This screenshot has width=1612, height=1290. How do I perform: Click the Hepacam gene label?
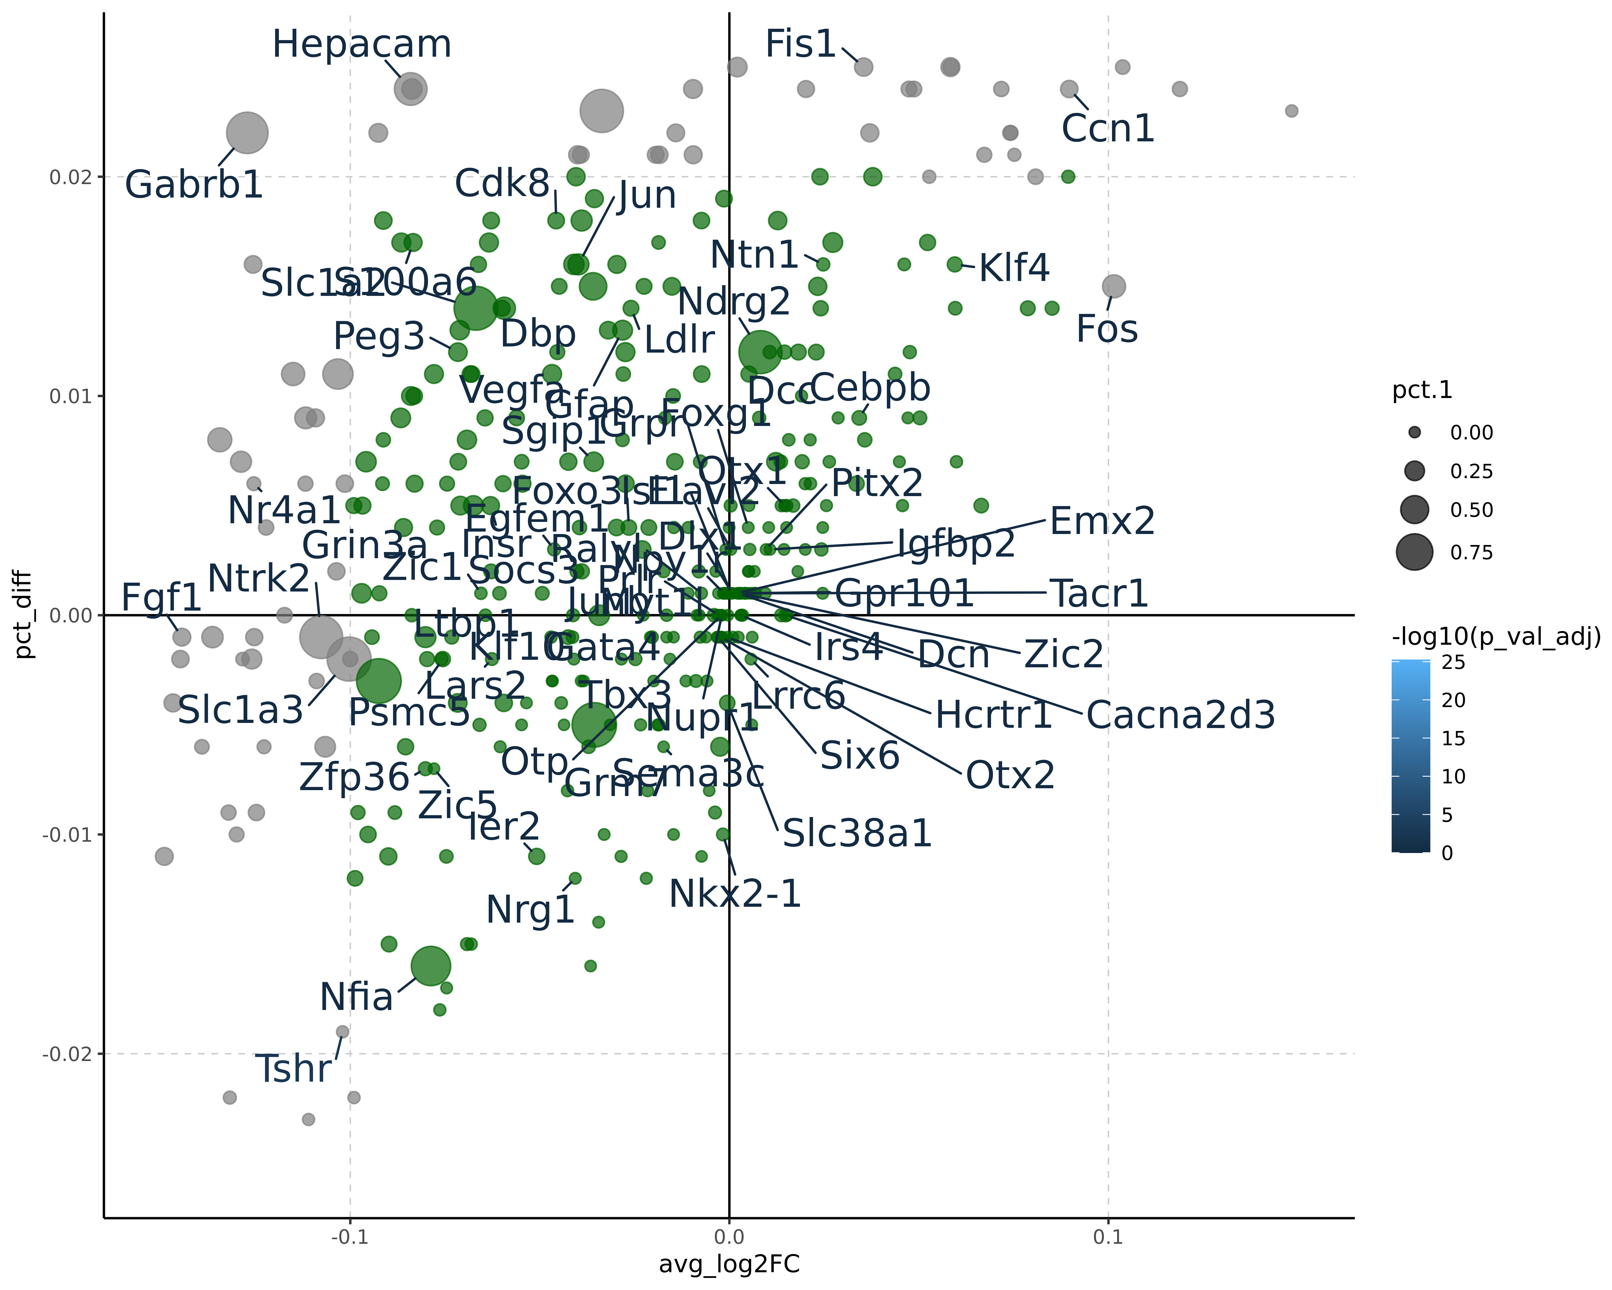pos(362,45)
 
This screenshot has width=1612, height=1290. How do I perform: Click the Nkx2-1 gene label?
pos(735,894)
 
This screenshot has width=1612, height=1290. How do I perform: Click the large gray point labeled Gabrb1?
pos(247,133)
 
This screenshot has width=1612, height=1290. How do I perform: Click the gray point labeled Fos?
pos(1113,286)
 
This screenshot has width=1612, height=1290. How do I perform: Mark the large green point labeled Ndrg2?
pos(760,352)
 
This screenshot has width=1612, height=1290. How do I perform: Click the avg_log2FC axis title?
pos(729,1264)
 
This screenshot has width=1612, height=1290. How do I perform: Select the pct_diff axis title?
pos(24,615)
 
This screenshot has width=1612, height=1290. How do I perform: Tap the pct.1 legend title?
pos(1422,390)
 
